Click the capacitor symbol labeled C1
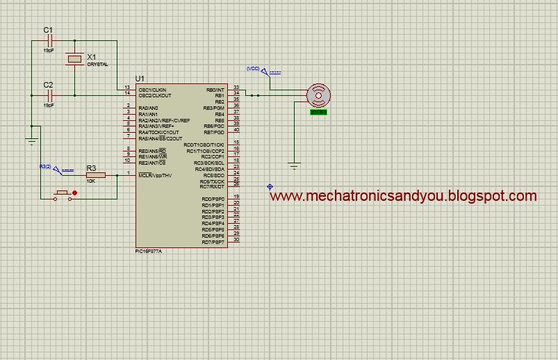(48, 41)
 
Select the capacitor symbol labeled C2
(48, 95)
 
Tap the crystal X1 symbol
(74, 60)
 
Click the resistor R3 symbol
(95, 175)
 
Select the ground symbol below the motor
(295, 165)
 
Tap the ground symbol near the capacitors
(31, 141)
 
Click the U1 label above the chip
(140, 78)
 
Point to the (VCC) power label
(252, 68)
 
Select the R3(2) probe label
(45, 167)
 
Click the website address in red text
(403, 196)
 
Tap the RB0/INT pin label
(215, 90)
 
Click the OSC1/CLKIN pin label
(152, 90)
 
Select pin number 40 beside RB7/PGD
(236, 131)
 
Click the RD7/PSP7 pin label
(213, 241)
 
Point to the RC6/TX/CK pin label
(212, 181)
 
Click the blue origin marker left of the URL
(270, 187)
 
